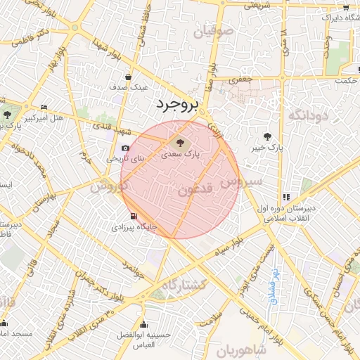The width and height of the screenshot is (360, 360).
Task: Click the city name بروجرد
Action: coord(176,105)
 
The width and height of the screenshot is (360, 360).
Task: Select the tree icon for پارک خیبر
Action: coord(267,136)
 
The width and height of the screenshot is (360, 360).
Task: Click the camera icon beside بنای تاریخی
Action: coord(125,148)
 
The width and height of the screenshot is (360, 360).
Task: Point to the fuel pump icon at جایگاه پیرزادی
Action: coord(134,216)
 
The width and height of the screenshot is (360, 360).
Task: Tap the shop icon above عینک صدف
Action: coord(128,77)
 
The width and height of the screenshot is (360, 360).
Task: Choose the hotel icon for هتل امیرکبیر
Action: coord(44,108)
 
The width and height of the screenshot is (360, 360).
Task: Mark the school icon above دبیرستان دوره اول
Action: coord(285,198)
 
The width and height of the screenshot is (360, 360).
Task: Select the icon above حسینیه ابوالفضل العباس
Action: coord(145,325)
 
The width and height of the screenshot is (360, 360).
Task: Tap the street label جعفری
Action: coord(242,80)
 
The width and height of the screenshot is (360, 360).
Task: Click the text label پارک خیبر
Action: coord(268,148)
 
